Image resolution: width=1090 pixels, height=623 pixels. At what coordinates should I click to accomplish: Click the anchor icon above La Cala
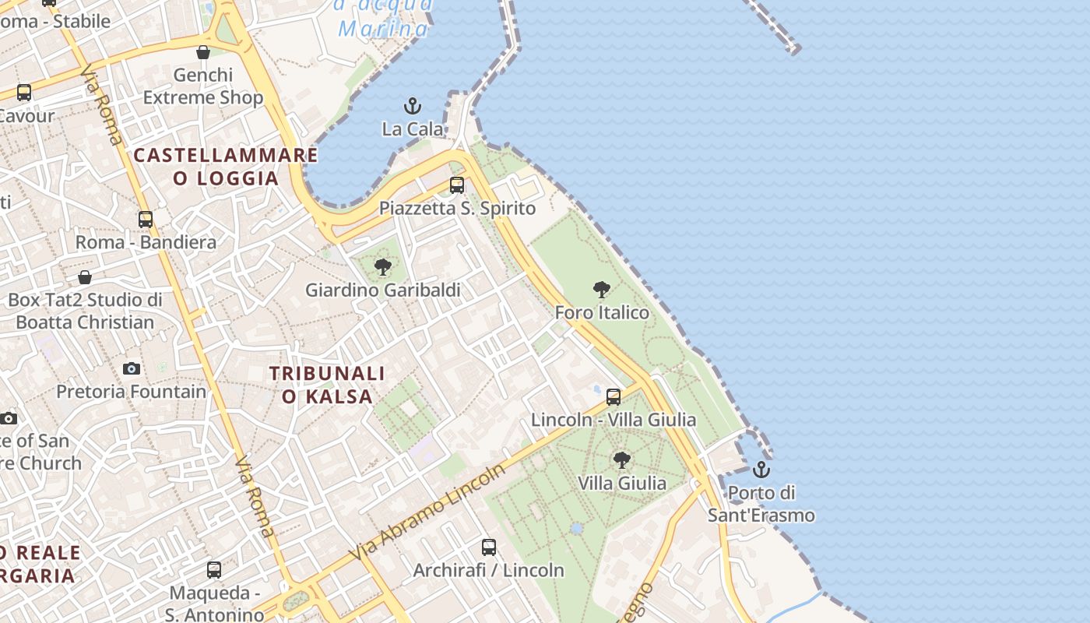click(412, 106)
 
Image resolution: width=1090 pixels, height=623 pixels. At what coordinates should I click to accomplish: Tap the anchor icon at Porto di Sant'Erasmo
click(761, 470)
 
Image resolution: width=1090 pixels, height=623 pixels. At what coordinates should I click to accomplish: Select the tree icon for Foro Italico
click(601, 290)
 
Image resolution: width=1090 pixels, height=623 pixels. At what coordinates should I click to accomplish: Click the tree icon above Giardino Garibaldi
click(382, 268)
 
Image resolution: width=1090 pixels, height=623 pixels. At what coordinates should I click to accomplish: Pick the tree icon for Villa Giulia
click(621, 460)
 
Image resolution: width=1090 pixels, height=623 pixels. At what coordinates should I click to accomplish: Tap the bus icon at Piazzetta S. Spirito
click(457, 185)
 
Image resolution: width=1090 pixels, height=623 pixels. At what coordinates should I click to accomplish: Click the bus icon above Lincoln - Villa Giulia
click(614, 397)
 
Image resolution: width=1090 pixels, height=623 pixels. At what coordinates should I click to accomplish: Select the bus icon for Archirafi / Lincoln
click(488, 547)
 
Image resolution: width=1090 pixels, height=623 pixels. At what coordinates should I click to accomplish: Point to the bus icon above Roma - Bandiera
click(146, 220)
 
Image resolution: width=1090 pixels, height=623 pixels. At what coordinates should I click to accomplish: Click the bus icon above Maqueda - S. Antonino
click(214, 570)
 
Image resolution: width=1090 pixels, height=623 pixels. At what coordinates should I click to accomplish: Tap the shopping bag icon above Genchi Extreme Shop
click(203, 52)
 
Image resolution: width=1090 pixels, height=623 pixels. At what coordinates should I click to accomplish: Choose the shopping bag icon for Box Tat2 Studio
click(85, 277)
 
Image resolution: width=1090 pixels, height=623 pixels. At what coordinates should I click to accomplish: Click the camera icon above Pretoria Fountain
click(132, 368)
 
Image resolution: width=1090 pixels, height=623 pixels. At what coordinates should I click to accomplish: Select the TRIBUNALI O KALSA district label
click(327, 385)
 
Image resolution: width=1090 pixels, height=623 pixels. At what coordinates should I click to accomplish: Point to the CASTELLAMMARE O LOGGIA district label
click(226, 166)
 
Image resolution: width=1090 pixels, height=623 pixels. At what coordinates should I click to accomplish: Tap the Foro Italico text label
click(602, 313)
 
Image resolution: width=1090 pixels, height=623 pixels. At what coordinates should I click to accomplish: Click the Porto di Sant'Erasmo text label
click(761, 504)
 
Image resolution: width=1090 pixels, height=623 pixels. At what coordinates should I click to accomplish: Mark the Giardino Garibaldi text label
click(383, 290)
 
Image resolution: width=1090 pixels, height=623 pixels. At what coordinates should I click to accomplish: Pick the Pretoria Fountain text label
click(132, 391)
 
